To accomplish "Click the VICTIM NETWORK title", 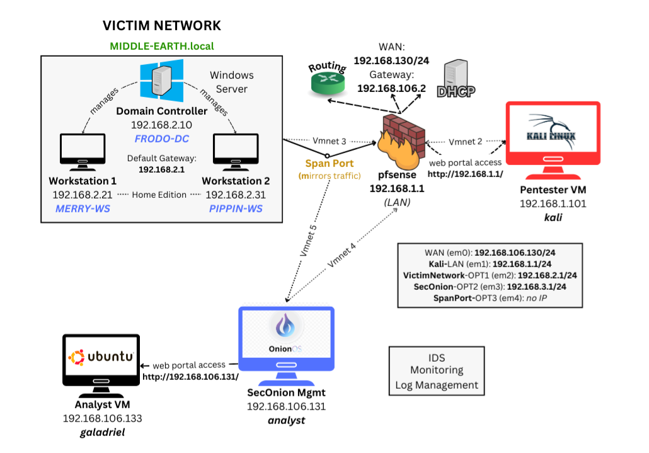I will coord(162,26).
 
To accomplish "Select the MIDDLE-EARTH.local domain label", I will coord(162,46).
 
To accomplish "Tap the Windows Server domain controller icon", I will coord(162,81).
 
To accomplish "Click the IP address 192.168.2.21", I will coord(78,195).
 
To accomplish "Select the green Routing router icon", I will coord(328,80).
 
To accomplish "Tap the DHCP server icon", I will coord(456,80).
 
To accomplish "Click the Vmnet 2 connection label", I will coord(466,142).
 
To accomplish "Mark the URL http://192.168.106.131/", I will coord(190,377).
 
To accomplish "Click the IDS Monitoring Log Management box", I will coord(437,370).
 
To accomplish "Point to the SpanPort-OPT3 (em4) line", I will coord(490,297).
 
